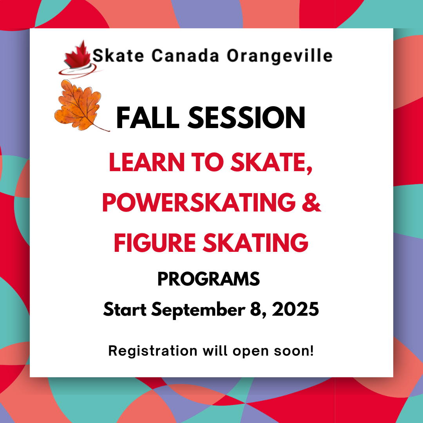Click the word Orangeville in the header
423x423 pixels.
point(280,56)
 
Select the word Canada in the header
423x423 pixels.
point(185,56)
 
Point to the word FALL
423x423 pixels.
point(148,117)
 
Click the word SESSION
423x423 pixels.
point(246,117)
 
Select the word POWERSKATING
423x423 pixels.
point(199,202)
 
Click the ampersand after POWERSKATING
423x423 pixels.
point(312,202)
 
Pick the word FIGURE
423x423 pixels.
point(155,243)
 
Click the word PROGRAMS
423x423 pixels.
point(208,279)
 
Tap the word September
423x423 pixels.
point(198,310)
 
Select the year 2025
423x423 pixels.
point(295,309)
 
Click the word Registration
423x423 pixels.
point(153,351)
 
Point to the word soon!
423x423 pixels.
point(294,351)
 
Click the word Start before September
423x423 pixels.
point(125,309)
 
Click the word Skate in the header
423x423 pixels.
point(118,56)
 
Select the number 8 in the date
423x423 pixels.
point(256,309)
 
